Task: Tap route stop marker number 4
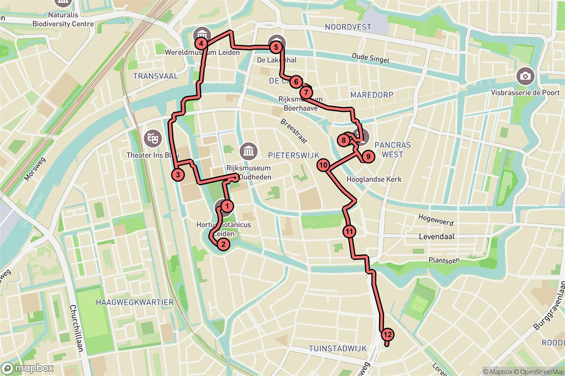[x=202, y=44]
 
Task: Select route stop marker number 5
[x=276, y=47]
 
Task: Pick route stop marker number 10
[x=323, y=165]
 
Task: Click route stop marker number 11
[x=349, y=231]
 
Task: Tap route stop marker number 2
[x=223, y=243]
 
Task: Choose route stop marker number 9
[x=368, y=156]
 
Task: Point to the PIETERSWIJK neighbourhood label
[x=294, y=155]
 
